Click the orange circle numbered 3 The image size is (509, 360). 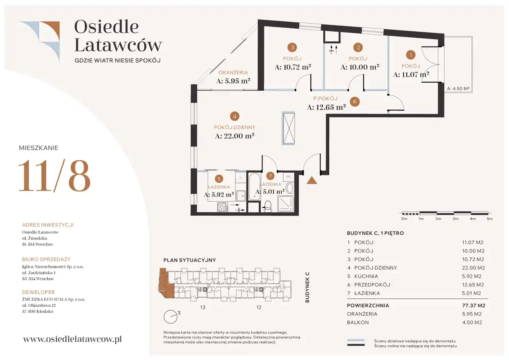click(292, 47)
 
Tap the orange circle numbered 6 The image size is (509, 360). click(355, 101)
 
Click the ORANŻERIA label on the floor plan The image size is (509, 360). click(233, 73)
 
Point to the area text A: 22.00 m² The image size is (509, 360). click(235, 136)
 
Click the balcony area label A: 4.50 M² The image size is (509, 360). click(458, 89)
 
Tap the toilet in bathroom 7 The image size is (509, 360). click(268, 206)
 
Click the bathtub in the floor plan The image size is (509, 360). click(254, 187)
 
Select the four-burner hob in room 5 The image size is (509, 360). click(223, 207)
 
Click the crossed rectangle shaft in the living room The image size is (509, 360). click(289, 128)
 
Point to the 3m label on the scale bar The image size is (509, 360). click(455, 219)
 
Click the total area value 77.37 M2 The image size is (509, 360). click(474, 306)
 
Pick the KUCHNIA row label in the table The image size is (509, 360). click(366, 276)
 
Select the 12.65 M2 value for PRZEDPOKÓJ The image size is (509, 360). click(473, 285)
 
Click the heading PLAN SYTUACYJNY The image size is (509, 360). click(190, 260)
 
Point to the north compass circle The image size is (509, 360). click(171, 317)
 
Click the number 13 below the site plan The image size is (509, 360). click(203, 307)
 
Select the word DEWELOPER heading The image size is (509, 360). click(39, 292)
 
